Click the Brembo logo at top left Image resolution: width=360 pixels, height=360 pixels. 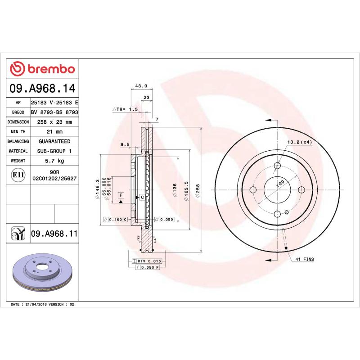pyautogui.click(x=42, y=69)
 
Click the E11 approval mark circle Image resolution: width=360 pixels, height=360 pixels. pyautogui.click(x=18, y=175)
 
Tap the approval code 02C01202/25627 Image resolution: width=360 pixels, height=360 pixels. pyautogui.click(x=54, y=179)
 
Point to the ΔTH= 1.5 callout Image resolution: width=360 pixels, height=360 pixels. pyautogui.click(x=125, y=109)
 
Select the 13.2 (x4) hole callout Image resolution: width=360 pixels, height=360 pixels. pyautogui.click(x=300, y=142)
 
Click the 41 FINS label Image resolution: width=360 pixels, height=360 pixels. pyautogui.click(x=305, y=260)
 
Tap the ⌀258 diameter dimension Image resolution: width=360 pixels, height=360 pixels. pyautogui.click(x=198, y=191)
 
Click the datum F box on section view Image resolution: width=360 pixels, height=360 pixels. pyautogui.click(x=121, y=195)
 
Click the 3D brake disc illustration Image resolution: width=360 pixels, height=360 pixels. pyautogui.click(x=43, y=272)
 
